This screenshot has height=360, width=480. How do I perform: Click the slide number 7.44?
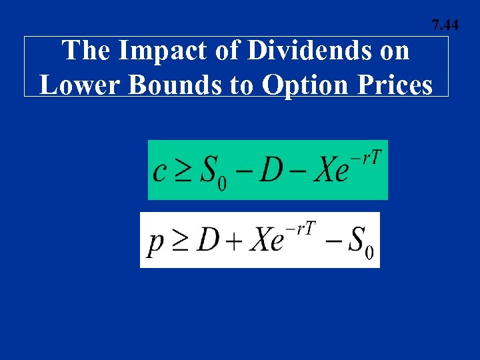click(x=445, y=26)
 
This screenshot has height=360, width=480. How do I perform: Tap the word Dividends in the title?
click(x=279, y=51)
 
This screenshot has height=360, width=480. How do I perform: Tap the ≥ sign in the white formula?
click(x=181, y=240)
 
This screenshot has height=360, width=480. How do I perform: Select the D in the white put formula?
click(x=208, y=239)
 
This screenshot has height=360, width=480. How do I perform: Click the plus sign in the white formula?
click(x=234, y=240)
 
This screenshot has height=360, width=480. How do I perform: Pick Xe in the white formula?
click(x=266, y=239)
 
